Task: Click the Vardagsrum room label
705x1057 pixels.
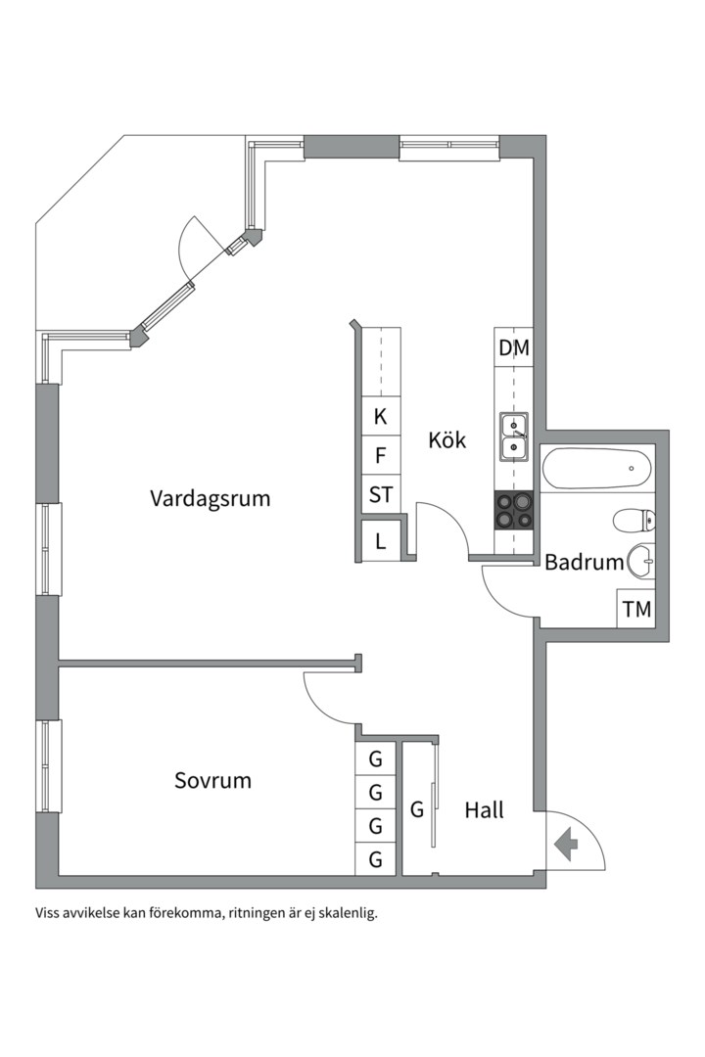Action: point(210,499)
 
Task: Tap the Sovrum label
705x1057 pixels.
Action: point(212,781)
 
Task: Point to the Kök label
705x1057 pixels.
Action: point(447,439)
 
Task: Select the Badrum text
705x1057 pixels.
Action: point(585,562)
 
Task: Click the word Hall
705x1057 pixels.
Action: point(485,809)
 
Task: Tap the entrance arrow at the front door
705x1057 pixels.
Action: point(565,844)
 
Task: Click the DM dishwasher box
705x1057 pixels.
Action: point(514,347)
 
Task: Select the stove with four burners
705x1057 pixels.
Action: point(514,510)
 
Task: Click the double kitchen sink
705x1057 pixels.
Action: point(514,437)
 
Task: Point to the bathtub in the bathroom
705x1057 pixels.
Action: point(596,469)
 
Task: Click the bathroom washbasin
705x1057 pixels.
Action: point(641,560)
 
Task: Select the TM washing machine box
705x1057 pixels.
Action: point(636,609)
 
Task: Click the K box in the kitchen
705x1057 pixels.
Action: point(381,416)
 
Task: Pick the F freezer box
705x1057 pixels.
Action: point(381,455)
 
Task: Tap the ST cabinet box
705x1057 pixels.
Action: point(381,494)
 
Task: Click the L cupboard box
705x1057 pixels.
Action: point(381,540)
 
